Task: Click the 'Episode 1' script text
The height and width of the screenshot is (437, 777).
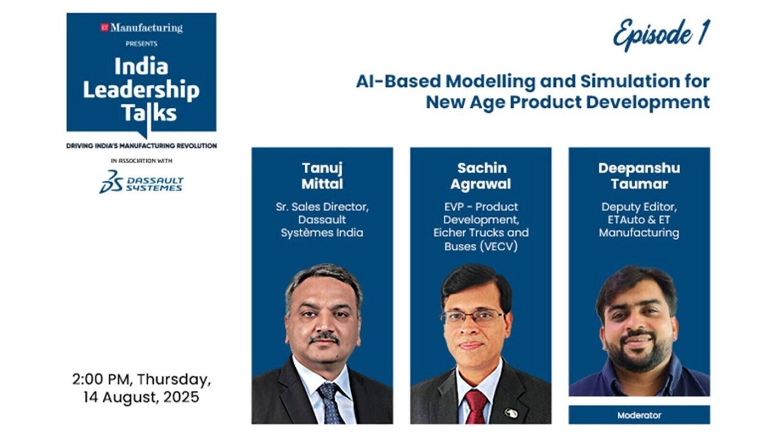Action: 661,34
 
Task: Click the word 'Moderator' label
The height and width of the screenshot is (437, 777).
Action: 639,415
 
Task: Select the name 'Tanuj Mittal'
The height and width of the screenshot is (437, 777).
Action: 322,176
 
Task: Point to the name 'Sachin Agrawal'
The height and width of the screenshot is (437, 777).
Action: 481,176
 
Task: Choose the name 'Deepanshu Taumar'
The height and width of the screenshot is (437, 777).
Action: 639,176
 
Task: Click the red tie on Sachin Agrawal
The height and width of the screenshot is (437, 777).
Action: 476,406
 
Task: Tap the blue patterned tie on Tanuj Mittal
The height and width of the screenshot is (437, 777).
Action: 330,403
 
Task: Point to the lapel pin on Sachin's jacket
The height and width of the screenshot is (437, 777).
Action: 511,413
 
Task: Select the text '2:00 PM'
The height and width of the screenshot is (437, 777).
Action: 102,379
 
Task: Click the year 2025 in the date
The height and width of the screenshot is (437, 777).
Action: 181,397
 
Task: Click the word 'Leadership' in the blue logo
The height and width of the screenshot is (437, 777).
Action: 141,90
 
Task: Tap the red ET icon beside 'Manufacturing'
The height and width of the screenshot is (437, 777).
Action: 104,27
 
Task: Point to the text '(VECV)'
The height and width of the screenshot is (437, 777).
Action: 499,247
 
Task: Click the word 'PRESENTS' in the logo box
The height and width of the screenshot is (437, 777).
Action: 141,44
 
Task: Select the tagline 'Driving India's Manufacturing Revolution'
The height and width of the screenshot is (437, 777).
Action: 141,146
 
